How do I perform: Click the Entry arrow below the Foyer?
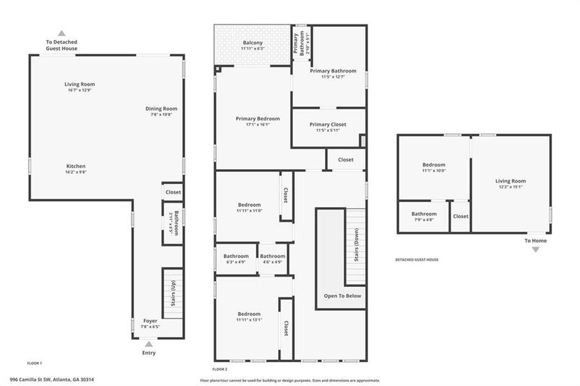point(149,344)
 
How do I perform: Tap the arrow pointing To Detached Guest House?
point(61,33)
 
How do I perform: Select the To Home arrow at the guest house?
point(535,249)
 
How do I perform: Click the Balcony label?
point(252,42)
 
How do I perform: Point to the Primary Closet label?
point(328,124)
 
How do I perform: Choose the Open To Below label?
point(342,296)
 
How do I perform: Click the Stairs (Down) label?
point(356,246)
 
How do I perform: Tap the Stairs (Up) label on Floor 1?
point(173,294)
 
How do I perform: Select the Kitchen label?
point(76,166)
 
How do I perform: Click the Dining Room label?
point(161,109)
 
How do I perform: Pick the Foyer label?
point(150,320)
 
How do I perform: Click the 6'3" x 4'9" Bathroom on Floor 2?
point(236,256)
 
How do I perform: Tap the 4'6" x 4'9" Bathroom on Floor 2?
point(272,256)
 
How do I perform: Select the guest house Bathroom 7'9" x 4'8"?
point(424,214)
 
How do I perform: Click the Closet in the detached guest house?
point(460,216)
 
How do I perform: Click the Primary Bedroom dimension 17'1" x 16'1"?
point(257,125)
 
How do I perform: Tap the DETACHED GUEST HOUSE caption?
point(416,259)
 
